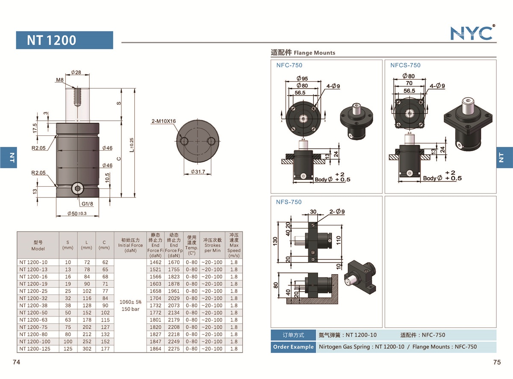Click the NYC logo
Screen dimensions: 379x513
(472, 33)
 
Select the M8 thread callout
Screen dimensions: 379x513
(60, 80)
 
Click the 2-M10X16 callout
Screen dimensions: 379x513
(164, 121)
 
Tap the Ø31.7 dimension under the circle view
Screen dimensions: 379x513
(197, 172)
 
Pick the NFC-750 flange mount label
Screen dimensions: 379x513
(289, 66)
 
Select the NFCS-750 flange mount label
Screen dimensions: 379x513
(405, 66)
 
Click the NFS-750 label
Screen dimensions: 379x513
(289, 202)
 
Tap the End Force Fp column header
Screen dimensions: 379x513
(174, 245)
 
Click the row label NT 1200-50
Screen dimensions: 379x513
(33, 313)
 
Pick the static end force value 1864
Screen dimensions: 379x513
(155, 349)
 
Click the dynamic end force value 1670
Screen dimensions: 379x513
(174, 262)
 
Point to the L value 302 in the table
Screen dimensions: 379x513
(86, 349)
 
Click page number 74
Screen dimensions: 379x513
(16, 362)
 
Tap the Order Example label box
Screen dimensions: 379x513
(293, 347)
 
